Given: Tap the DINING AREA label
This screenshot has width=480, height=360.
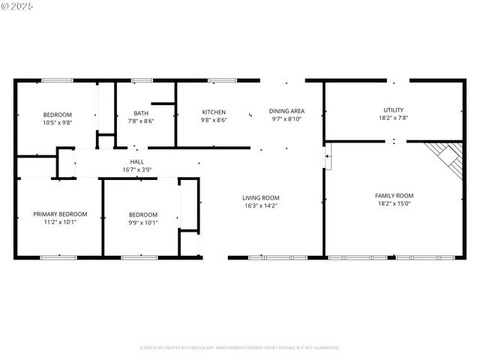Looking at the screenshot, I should [x=287, y=111].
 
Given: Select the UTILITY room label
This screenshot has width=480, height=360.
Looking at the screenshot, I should [x=393, y=109].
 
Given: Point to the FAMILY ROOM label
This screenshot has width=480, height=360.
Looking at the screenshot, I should [x=394, y=196].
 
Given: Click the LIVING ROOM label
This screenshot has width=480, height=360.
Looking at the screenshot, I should [x=262, y=198].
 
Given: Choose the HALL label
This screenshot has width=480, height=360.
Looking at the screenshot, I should [x=137, y=161].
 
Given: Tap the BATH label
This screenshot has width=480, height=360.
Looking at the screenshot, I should [x=141, y=112].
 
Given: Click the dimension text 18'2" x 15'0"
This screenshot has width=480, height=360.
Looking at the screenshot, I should [x=394, y=205].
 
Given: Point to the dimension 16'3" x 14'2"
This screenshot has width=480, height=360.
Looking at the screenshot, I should [x=262, y=206].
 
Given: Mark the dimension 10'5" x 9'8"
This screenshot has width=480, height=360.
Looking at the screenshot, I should [x=57, y=122].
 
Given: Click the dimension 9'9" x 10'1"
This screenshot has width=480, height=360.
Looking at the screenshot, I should [x=142, y=222].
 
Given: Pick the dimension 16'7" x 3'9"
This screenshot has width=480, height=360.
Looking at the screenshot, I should [x=137, y=170].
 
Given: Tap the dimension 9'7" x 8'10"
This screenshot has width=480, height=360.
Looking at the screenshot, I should [x=287, y=119].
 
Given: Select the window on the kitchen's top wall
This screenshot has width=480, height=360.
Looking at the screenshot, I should [x=222, y=80].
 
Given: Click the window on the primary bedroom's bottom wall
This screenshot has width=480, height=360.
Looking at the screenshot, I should [x=58, y=257].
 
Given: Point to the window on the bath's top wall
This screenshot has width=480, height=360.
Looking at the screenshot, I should [x=142, y=80].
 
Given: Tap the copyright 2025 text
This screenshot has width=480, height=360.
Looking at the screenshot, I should [x=18, y=6].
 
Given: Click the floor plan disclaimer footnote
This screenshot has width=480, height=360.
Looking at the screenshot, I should [x=239, y=347].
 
